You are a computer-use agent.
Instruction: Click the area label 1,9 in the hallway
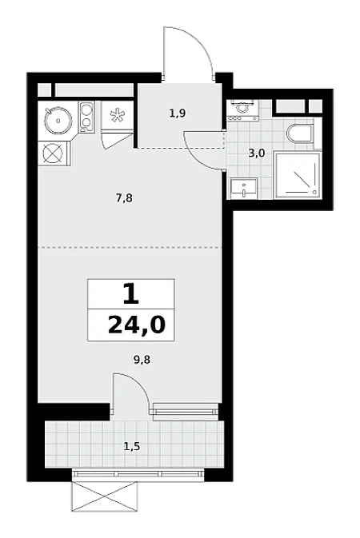(x=178, y=113)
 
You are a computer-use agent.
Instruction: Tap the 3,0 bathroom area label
(x=257, y=153)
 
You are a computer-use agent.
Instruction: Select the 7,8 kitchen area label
(x=124, y=198)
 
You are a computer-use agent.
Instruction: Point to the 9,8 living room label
(x=142, y=360)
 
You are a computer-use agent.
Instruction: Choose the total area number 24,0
(x=137, y=325)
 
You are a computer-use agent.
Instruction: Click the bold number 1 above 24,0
(x=131, y=295)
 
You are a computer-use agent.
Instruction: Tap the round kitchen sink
(x=58, y=120)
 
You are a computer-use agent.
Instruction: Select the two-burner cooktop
(x=87, y=117)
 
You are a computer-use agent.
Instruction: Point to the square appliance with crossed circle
(x=54, y=153)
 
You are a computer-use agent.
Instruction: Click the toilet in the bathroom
(x=300, y=134)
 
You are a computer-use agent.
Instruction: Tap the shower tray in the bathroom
(x=297, y=175)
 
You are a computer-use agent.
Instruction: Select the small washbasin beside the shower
(x=244, y=189)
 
